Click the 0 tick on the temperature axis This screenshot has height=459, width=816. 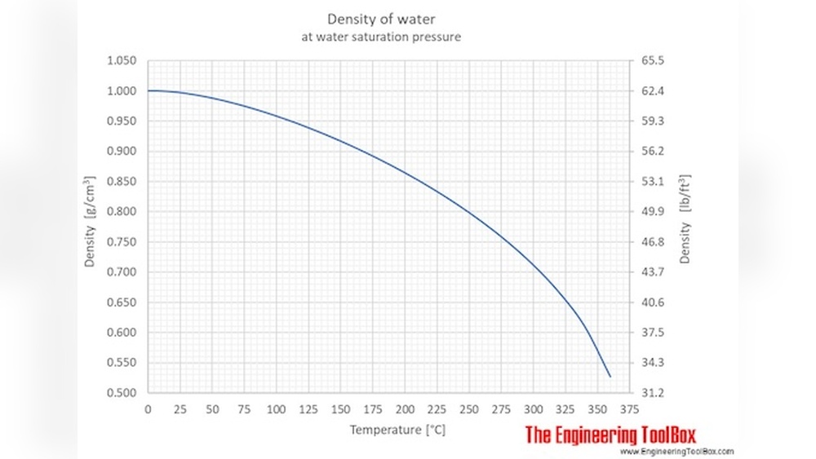click(148, 408)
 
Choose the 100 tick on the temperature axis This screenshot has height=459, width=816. click(276, 408)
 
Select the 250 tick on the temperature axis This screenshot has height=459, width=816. click(468, 408)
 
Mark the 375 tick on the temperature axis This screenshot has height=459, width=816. click(629, 408)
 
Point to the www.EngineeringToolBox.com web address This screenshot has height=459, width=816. click(676, 451)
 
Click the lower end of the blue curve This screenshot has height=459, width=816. click(610, 376)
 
